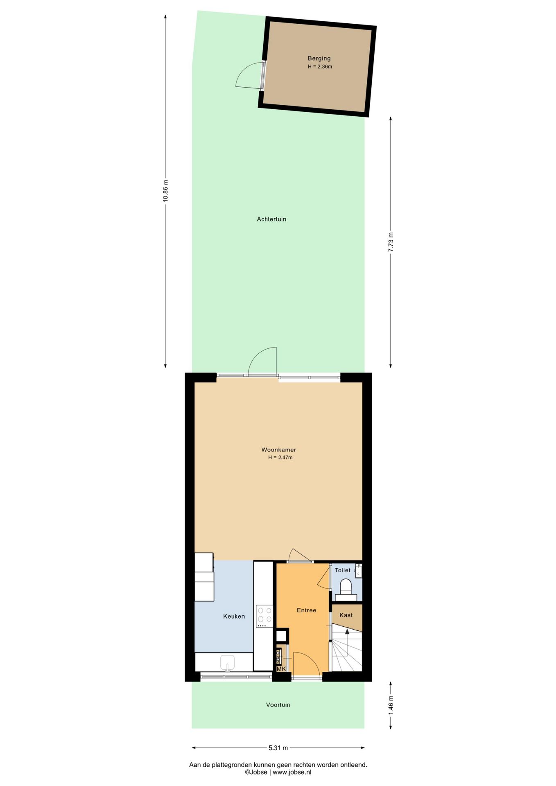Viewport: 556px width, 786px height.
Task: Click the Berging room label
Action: coord(319,59)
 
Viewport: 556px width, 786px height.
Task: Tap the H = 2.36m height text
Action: coord(320,67)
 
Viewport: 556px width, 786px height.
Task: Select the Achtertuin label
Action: coord(271,219)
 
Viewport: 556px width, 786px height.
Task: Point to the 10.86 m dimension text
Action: coord(165,191)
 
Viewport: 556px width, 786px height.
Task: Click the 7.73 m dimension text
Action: coord(391,242)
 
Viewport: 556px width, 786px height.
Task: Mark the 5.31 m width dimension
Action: coord(278,748)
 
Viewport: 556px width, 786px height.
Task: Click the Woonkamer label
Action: coord(279,449)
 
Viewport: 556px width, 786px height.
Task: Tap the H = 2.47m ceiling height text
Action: coord(280,457)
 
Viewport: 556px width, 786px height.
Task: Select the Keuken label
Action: coord(234,616)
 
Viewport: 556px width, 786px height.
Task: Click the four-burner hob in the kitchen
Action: coord(264,617)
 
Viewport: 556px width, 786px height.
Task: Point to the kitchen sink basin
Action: coord(227,662)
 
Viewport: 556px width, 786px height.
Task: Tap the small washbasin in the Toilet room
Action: coord(358,571)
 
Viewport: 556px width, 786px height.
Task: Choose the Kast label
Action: coord(346,615)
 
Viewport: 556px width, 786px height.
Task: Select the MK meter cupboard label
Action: coord(281,669)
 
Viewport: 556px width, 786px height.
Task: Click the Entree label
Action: coord(306,610)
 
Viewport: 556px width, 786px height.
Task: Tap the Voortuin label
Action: coord(278,705)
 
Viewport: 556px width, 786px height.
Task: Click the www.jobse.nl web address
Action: coord(292,772)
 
